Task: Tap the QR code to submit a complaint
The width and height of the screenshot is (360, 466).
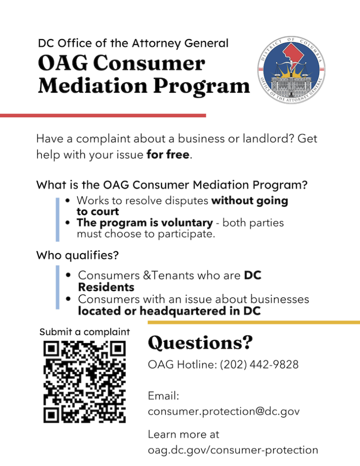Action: pyautogui.click(x=85, y=382)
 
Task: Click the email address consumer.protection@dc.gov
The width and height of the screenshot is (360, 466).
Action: pyautogui.click(x=223, y=411)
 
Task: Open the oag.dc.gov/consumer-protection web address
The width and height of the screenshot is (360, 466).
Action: pyautogui.click(x=233, y=450)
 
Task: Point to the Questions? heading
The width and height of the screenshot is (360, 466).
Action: pyautogui.click(x=200, y=343)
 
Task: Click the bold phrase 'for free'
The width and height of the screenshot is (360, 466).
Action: pyautogui.click(x=167, y=155)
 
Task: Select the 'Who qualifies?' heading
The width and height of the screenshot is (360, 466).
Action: pyautogui.click(x=77, y=255)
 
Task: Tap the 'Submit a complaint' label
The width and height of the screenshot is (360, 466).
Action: pyautogui.click(x=85, y=332)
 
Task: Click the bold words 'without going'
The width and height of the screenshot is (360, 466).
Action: pyautogui.click(x=250, y=201)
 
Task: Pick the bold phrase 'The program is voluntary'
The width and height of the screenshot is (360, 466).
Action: pyautogui.click(x=145, y=223)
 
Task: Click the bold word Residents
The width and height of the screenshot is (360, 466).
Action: pyautogui.click(x=106, y=288)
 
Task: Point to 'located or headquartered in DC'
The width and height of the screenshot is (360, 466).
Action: pyautogui.click(x=169, y=312)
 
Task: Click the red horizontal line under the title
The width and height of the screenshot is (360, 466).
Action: pyautogui.click(x=103, y=116)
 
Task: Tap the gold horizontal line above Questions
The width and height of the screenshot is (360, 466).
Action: pyautogui.click(x=254, y=322)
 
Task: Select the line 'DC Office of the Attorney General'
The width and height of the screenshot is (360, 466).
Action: pyautogui.click(x=133, y=44)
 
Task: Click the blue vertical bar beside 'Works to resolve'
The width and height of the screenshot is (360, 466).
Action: pyautogui.click(x=58, y=219)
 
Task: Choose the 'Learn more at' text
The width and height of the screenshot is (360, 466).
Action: pyautogui.click(x=183, y=434)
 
